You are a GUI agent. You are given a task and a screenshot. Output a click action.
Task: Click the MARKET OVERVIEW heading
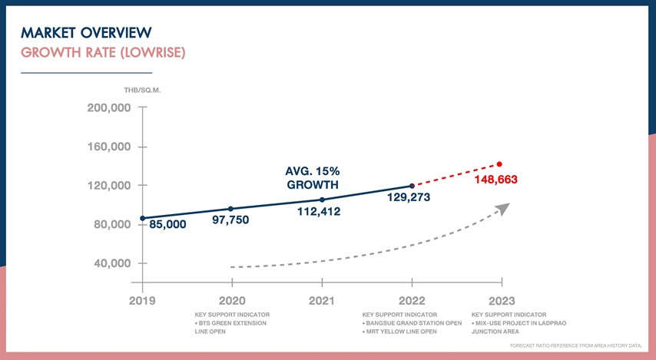coord(86,32)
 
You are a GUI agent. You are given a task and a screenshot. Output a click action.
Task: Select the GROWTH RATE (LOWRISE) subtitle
coord(103,53)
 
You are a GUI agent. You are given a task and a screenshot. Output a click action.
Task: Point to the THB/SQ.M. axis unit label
coord(142,90)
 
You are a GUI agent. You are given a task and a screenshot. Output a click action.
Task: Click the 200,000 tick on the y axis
coord(109,108)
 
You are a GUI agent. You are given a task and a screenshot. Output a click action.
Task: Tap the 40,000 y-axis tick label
coord(112,263)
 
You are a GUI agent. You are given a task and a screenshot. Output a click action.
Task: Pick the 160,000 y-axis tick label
coord(109,147)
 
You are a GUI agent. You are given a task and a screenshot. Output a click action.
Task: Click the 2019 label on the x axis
coord(142,301)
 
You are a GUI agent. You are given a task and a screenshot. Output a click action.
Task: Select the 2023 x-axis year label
coord(501,301)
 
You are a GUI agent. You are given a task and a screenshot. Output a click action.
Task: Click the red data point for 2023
coord(500,164)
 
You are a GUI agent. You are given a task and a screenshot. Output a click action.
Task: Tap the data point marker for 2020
coord(231,209)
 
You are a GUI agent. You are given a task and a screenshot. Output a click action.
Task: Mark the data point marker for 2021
coord(322,200)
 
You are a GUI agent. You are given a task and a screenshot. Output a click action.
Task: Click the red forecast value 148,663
coord(496,180)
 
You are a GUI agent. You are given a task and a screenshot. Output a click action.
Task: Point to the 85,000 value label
coord(167,225)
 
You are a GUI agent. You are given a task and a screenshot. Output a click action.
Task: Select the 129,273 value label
coord(409,197)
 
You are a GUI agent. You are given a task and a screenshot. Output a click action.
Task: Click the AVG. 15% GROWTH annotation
coord(313,178)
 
